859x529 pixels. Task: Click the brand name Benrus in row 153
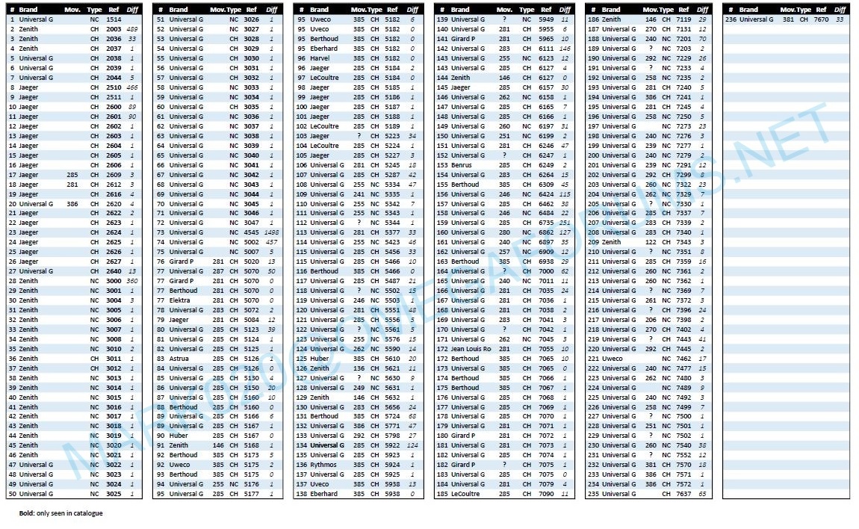pyautogui.click(x=461, y=165)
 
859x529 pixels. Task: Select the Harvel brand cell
pyautogui.click(x=320, y=58)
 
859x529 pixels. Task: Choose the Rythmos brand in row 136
pyautogui.click(x=323, y=465)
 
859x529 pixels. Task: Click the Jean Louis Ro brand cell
pyautogui.click(x=471, y=349)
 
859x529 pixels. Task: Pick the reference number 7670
pyautogui.click(x=820, y=19)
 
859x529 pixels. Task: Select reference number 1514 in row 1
pyautogui.click(x=114, y=19)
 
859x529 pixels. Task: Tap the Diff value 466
pyautogui.click(x=132, y=87)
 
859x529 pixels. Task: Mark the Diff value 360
pyautogui.click(x=132, y=281)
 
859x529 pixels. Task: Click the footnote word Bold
pyautogui.click(x=27, y=513)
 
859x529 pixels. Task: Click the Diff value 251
pyautogui.click(x=565, y=223)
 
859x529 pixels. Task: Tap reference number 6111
pyautogui.click(x=546, y=49)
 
